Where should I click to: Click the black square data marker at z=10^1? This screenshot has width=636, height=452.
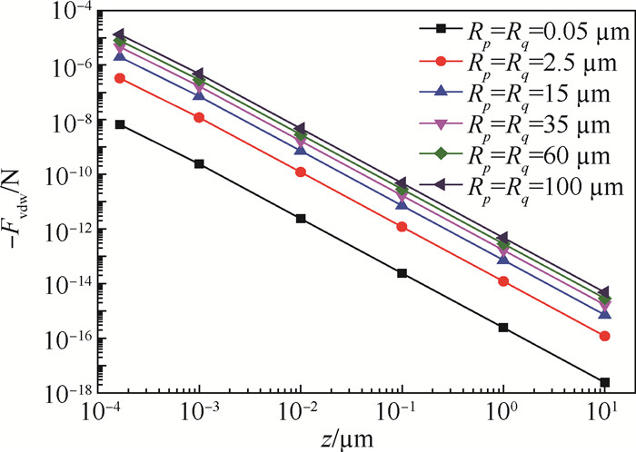(x=605, y=382)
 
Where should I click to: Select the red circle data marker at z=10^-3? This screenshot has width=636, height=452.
(x=200, y=118)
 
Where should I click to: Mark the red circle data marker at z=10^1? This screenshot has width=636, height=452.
(x=605, y=336)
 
